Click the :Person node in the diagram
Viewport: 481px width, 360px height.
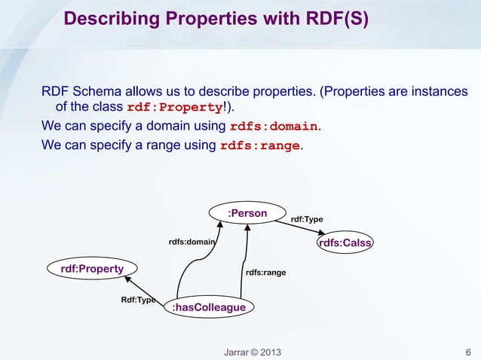247,214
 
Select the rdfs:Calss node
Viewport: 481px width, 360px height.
346,243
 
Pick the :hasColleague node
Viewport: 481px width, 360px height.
209,307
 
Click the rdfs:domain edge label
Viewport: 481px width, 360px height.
191,243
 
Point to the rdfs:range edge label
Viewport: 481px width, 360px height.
265,272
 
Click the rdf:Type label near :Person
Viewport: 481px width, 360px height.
307,219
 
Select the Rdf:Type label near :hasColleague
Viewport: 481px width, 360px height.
138,300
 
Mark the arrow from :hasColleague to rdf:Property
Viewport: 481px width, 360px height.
145,289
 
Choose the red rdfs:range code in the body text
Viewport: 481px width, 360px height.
260,145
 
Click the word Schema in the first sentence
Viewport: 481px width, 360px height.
95,92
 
